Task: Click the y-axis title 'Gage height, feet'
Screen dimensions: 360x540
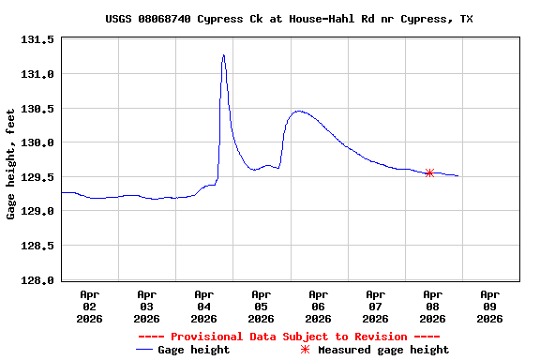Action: pyautogui.click(x=10, y=164)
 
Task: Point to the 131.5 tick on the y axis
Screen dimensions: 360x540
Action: pyautogui.click(x=37, y=39)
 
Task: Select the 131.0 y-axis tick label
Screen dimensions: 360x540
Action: pyautogui.click(x=37, y=74)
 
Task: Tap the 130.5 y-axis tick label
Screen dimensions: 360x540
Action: pyautogui.click(x=37, y=109)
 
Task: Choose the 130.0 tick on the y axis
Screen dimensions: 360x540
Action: pyautogui.click(x=37, y=142)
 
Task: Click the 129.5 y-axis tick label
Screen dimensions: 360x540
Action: pyautogui.click(x=37, y=177)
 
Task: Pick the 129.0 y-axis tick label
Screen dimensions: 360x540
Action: pyautogui.click(x=37, y=212)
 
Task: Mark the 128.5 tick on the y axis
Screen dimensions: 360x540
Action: pyautogui.click(x=37, y=246)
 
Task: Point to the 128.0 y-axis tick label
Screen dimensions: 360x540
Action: pyautogui.click(x=37, y=280)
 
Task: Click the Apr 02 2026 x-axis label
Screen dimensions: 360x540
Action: pyautogui.click(x=89, y=306)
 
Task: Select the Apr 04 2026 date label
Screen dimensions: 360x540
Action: pyautogui.click(x=203, y=306)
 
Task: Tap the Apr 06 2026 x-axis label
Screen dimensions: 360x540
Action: pyautogui.click(x=318, y=306)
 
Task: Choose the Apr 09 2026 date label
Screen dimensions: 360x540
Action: pyautogui.click(x=489, y=306)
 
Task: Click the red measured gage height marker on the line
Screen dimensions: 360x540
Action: pyautogui.click(x=429, y=172)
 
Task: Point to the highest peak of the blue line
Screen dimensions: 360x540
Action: pyautogui.click(x=223, y=55)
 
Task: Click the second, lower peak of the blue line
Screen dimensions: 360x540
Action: pyautogui.click(x=298, y=111)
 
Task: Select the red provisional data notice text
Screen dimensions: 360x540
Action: pyautogui.click(x=289, y=337)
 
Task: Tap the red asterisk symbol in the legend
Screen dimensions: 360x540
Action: pyautogui.click(x=305, y=350)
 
